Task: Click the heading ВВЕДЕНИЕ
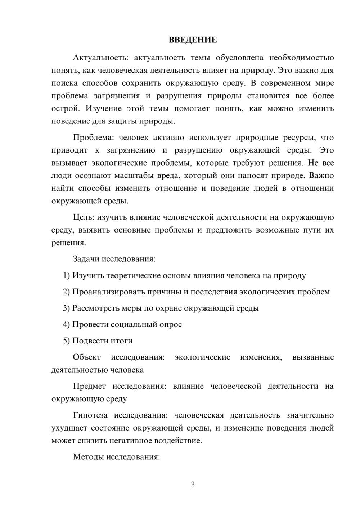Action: [193, 40]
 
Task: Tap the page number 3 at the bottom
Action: [193, 485]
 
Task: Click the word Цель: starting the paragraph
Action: [84, 217]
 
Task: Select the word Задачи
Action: [86, 259]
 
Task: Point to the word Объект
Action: [87, 357]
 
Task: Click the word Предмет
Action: [89, 386]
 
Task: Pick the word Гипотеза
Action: [90, 415]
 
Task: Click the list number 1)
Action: [67, 275]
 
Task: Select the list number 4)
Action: [67, 324]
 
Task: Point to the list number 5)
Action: [67, 341]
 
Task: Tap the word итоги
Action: [121, 341]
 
